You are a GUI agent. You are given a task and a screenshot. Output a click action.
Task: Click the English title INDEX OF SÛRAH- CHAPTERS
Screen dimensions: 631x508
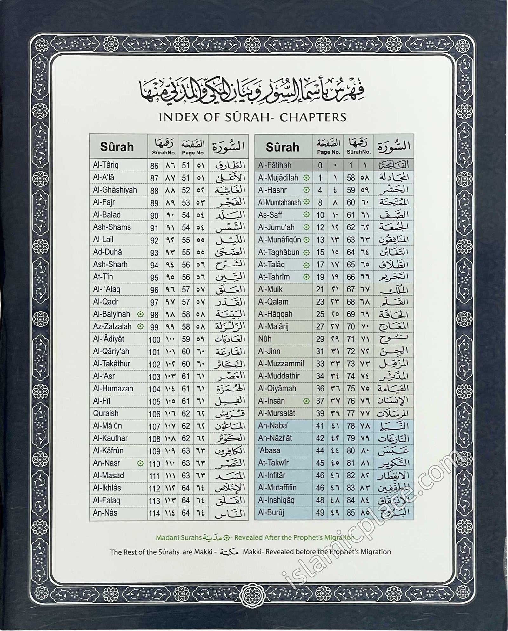[252, 117]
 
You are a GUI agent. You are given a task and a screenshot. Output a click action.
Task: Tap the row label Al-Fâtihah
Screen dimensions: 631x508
[274, 165]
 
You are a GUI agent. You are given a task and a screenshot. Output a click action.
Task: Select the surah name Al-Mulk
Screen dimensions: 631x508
[270, 289]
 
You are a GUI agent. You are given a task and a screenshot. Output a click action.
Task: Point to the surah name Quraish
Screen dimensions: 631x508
[106, 413]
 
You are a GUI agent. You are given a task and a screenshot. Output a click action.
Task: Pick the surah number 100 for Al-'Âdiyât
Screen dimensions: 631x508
[155, 339]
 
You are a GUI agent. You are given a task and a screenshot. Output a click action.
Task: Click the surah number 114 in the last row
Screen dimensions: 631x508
[155, 513]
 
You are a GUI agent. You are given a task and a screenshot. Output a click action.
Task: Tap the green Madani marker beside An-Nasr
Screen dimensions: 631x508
[140, 463]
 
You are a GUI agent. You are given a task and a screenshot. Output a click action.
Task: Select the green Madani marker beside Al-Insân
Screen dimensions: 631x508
[306, 401]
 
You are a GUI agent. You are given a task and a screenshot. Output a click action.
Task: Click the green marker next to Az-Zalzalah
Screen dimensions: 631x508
[140, 326]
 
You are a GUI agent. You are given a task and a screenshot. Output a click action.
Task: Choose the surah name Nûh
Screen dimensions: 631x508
[265, 339]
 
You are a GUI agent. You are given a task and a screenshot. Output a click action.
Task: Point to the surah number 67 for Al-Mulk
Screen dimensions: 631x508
[351, 290]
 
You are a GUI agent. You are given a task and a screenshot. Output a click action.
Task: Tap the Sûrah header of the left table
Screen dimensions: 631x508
[117, 147]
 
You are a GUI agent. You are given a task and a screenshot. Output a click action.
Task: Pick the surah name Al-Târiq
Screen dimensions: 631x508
[106, 165]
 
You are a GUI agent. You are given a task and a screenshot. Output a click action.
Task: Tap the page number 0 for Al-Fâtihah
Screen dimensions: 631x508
[320, 165]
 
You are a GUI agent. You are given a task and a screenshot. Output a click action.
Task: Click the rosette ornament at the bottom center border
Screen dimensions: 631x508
[253, 592]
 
